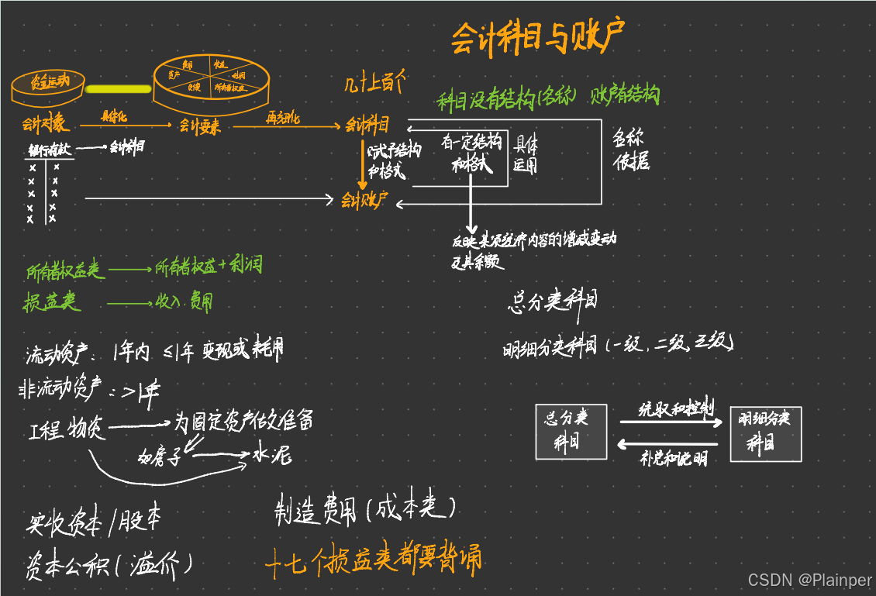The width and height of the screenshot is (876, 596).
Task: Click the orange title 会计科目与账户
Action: click(537, 37)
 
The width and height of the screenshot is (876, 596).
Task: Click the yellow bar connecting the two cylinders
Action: click(118, 88)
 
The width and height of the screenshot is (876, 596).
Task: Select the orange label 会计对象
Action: click(45, 124)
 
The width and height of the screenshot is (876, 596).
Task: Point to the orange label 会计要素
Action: click(200, 125)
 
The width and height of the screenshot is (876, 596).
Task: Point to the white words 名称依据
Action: click(630, 150)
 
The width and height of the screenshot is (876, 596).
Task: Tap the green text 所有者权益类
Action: click(64, 270)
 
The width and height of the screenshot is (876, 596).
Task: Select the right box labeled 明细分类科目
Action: click(765, 432)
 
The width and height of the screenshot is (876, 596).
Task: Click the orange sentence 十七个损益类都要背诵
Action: click(372, 559)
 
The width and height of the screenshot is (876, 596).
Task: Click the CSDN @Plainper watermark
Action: click(809, 580)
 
